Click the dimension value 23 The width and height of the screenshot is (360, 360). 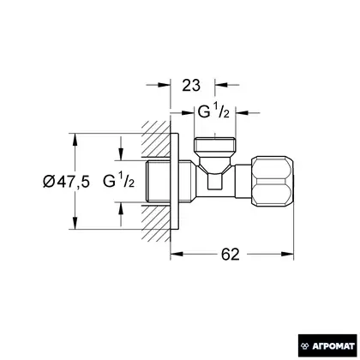(x=191, y=86)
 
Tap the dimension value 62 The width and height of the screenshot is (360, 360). (x=231, y=254)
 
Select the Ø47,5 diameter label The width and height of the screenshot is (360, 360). (x=66, y=182)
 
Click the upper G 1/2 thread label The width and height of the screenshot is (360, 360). (x=213, y=111)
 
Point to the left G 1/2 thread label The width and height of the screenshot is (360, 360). (x=118, y=181)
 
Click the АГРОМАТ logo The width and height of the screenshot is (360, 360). (x=327, y=346)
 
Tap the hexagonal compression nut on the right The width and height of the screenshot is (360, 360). (x=273, y=181)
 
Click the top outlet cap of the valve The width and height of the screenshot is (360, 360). (x=214, y=146)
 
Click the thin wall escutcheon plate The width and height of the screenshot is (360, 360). (x=175, y=181)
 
